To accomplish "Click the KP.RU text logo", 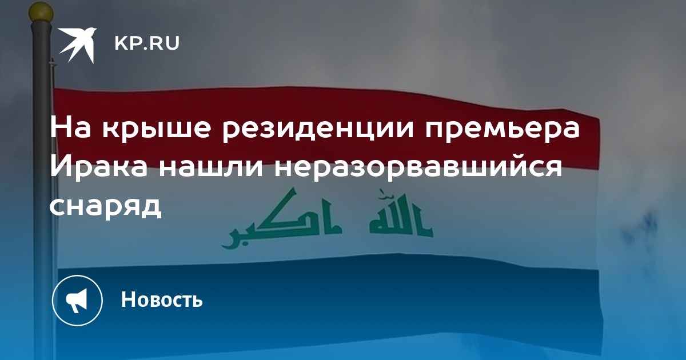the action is pyautogui.click(x=147, y=43).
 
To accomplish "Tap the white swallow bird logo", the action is pyautogui.click(x=78, y=45).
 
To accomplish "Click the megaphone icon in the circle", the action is pyautogui.click(x=77, y=301).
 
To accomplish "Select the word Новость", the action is pyautogui.click(x=162, y=299).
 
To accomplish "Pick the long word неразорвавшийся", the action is pyautogui.click(x=418, y=168).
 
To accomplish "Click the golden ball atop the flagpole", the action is pyautogui.click(x=41, y=13).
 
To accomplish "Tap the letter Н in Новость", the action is pyautogui.click(x=128, y=299).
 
